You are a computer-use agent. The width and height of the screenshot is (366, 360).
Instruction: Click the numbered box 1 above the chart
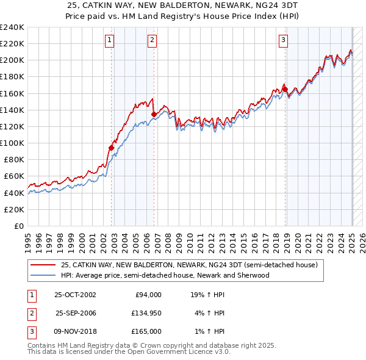pos(109,41)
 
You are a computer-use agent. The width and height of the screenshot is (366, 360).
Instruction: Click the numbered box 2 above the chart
pos(151,41)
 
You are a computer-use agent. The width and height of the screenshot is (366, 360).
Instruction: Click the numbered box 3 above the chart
pos(284,41)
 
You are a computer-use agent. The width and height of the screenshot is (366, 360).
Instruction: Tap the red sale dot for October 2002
pos(112,148)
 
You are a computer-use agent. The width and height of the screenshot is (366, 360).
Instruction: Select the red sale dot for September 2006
pos(154,113)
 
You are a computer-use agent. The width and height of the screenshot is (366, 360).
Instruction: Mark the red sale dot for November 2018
pos(285,89)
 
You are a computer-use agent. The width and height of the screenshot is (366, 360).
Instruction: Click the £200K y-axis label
pos(12,60)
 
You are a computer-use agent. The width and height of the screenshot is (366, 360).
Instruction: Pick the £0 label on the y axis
pos(19,226)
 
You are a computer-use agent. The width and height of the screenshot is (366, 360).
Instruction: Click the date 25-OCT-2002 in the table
pos(75,294)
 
